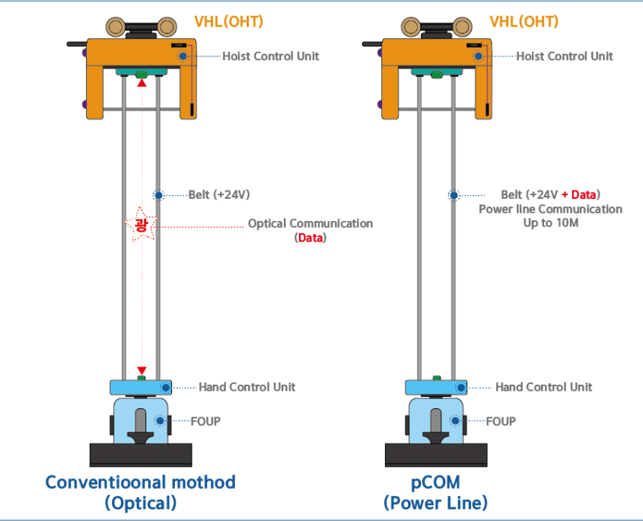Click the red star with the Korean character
tap(140, 224)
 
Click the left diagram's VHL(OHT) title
tap(228, 21)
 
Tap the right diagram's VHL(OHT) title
tap(524, 21)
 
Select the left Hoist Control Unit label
tap(271, 56)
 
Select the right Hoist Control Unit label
tap(564, 56)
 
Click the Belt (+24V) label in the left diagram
tap(219, 195)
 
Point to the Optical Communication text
tap(310, 224)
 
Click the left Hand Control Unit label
tap(247, 387)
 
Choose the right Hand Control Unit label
tap(543, 387)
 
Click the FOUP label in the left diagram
tap(205, 420)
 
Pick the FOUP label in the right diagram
tap(501, 420)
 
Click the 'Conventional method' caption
tap(140, 482)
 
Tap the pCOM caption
tap(435, 482)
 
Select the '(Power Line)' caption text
tap(435, 503)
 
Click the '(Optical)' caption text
tap(140, 503)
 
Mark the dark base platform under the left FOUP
tap(140, 455)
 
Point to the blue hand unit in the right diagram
tap(435, 387)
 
